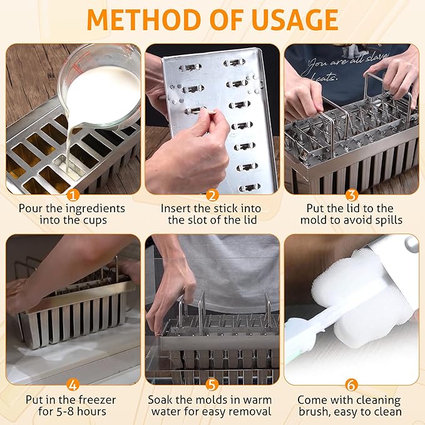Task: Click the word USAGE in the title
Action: (295, 20)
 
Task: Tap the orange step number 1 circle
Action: (73, 195)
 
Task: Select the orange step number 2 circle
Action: (212, 195)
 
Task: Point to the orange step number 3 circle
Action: (352, 195)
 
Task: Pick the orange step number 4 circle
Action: (73, 385)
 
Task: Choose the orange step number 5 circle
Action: (212, 385)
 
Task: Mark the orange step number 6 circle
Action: (352, 385)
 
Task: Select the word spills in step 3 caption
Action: (389, 220)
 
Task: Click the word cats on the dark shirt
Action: (326, 78)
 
